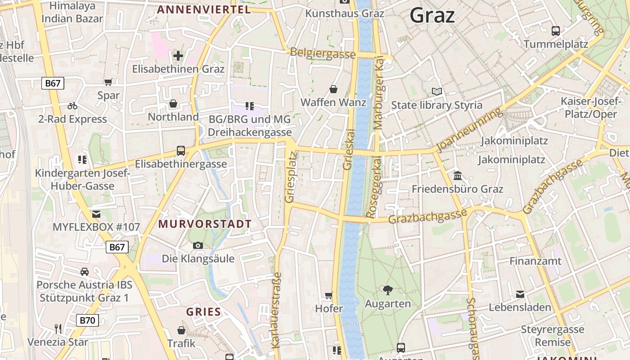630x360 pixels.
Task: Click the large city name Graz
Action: coord(432,16)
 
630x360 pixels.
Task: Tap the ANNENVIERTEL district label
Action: coord(203,9)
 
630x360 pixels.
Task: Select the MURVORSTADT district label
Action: coord(205,224)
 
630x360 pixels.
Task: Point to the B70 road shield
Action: coord(87,320)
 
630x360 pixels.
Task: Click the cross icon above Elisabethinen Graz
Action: coord(178,56)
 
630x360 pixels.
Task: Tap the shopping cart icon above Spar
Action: coord(108,82)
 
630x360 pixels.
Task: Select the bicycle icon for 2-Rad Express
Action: coord(72,106)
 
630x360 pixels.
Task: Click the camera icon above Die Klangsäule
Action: coord(198,245)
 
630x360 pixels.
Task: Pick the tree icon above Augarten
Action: coord(387,290)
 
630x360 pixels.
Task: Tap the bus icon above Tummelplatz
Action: coord(556,31)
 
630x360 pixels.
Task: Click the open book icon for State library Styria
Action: coord(436,91)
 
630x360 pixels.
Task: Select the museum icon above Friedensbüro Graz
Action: coord(458,175)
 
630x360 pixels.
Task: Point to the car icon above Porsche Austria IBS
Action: coord(84,271)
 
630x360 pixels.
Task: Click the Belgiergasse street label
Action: coord(323,54)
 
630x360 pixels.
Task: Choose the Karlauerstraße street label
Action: coord(276,310)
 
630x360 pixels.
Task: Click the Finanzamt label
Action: coord(535,261)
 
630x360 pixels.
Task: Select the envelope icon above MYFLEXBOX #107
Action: coord(96,214)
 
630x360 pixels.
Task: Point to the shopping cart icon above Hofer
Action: coord(328,296)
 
